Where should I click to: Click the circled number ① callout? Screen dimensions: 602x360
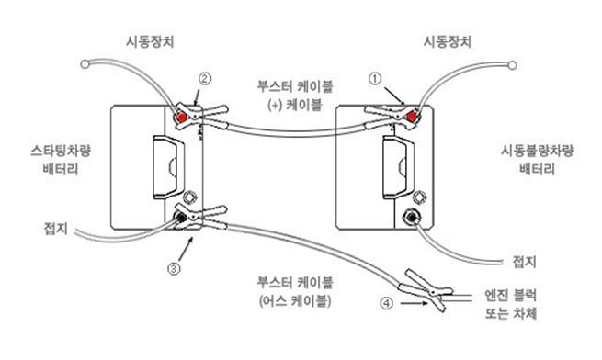(375, 79)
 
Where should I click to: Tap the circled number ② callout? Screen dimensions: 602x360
(205, 79)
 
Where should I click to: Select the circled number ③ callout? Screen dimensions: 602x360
(174, 269)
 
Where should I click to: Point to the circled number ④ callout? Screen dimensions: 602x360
(387, 303)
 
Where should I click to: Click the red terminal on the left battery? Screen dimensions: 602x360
(181, 117)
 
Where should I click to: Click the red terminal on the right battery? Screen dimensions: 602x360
(412, 117)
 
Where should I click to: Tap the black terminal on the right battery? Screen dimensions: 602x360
(412, 218)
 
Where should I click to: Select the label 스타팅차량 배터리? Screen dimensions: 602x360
(61, 160)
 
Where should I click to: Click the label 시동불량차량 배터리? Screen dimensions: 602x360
(537, 160)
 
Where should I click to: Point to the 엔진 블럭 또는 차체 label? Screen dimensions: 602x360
(511, 304)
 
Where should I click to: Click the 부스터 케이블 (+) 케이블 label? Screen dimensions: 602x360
(295, 96)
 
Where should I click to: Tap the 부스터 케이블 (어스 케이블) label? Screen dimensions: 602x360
(295, 292)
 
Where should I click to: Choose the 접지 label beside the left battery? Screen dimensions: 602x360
(56, 229)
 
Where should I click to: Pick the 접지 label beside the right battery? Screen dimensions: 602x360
(525, 262)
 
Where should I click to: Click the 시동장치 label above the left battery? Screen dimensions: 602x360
(150, 41)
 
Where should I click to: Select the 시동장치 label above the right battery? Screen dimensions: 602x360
(448, 41)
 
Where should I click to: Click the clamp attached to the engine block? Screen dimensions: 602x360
(426, 290)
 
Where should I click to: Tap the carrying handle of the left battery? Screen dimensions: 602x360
(168, 167)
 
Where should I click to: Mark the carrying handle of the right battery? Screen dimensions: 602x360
(398, 168)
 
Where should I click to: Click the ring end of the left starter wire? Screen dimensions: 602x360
(85, 64)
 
